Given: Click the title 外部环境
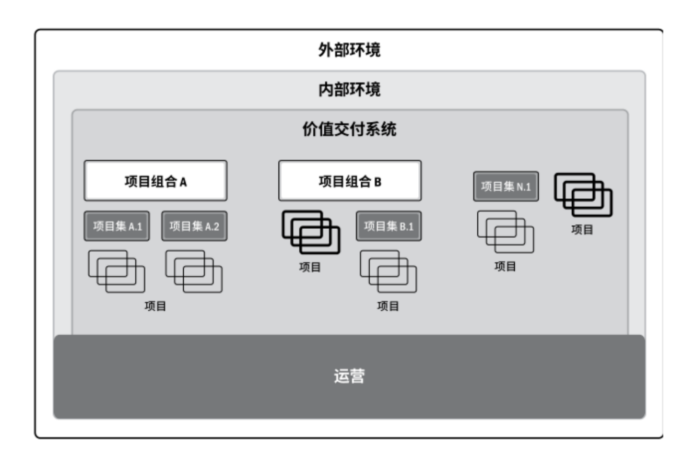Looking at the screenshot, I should point(349,50).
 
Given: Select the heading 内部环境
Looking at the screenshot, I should point(349,90).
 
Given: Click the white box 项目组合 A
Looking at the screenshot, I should point(156,181).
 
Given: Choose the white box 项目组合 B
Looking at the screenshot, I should point(350,181).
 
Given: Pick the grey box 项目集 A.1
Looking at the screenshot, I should point(117,226).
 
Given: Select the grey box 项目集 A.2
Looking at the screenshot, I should point(194,226).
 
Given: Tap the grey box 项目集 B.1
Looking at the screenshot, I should point(388,226).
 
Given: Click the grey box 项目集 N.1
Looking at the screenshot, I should point(505,186).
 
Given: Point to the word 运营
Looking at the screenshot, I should point(349,376).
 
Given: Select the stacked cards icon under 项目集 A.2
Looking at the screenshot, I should point(194,271).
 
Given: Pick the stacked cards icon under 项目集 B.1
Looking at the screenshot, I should point(388,271).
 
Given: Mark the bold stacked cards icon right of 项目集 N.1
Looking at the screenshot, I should point(583,195).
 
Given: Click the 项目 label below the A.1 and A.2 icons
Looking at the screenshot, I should point(156,306).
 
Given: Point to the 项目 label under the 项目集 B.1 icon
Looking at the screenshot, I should point(388,306).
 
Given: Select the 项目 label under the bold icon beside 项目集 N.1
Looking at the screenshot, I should point(583,230).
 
